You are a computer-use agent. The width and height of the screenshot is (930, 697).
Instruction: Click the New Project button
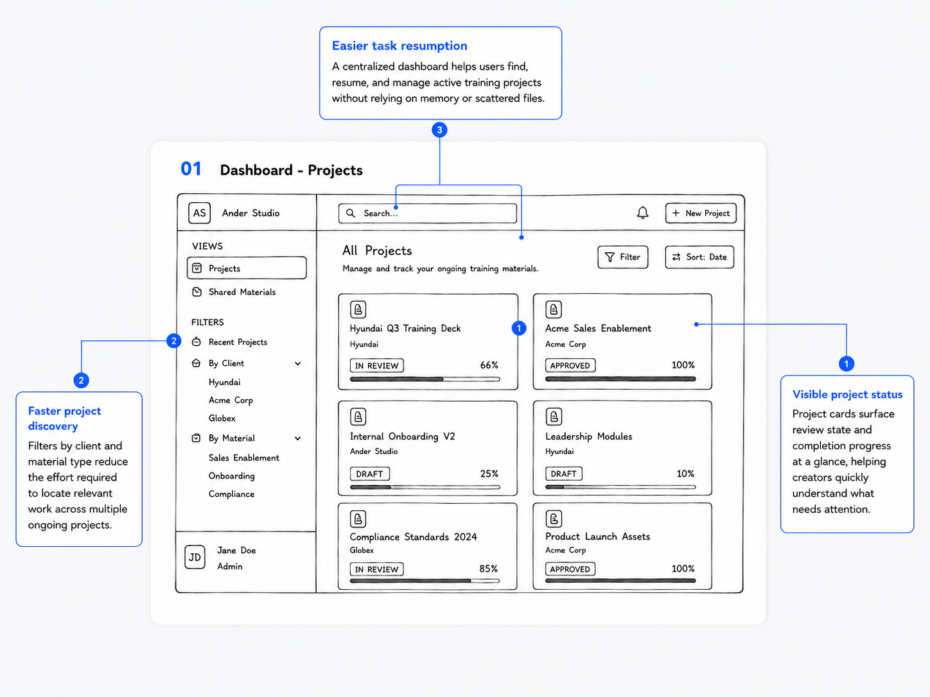tap(701, 213)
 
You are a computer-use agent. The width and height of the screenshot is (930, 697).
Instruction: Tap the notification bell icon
tap(642, 212)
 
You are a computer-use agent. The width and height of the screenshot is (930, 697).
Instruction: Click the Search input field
tap(428, 213)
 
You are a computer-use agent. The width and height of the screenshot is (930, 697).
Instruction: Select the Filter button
tap(623, 257)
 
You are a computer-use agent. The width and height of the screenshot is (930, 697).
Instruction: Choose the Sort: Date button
tap(699, 257)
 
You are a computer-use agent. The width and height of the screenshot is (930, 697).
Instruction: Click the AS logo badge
tap(199, 213)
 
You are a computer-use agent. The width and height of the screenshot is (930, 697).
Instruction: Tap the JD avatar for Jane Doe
tap(195, 557)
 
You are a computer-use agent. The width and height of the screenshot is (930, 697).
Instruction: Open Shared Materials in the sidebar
tap(242, 292)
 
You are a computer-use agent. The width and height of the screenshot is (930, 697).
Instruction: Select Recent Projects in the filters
tap(238, 342)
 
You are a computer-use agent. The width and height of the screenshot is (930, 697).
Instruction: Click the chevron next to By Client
tap(298, 363)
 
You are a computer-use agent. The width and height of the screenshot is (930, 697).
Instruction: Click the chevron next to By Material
tap(298, 438)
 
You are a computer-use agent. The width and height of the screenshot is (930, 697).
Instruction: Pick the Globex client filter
tap(222, 418)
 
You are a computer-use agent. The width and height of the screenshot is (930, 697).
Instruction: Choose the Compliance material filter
tap(231, 494)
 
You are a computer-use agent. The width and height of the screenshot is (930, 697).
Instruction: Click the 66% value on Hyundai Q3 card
tap(489, 365)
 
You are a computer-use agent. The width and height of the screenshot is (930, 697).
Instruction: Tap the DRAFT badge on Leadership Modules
tap(563, 474)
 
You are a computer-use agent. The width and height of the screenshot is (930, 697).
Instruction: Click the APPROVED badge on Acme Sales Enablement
tap(570, 365)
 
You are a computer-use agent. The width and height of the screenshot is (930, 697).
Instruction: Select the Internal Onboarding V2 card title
tap(402, 436)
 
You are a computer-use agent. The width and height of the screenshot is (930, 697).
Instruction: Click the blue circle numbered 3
tap(439, 130)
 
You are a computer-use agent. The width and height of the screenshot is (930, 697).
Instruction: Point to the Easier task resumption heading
tap(399, 46)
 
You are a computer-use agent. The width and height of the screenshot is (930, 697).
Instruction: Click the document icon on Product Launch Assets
tap(554, 519)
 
